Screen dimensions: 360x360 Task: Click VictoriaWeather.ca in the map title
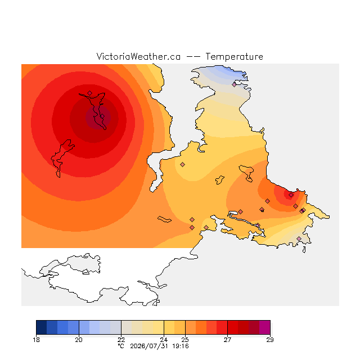click(x=138, y=56)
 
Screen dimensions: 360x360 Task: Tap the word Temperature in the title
click(x=234, y=56)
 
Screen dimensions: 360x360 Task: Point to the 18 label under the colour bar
click(x=36, y=340)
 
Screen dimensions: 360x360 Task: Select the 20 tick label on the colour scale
click(x=79, y=340)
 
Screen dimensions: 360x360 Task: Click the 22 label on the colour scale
click(x=121, y=340)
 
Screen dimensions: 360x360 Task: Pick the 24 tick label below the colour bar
click(x=164, y=340)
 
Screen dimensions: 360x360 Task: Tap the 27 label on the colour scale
click(x=227, y=340)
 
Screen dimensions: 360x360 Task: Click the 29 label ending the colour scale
click(x=270, y=340)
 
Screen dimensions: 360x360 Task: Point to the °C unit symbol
click(x=121, y=346)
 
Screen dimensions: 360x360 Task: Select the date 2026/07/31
click(x=149, y=346)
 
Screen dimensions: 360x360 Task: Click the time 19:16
click(x=181, y=346)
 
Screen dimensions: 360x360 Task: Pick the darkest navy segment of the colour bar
click(x=42, y=327)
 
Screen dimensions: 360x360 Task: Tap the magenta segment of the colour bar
click(x=265, y=327)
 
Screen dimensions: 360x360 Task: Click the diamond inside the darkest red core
click(x=102, y=116)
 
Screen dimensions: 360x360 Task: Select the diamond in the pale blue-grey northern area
click(x=234, y=85)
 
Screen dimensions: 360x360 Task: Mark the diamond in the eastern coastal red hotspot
click(x=291, y=195)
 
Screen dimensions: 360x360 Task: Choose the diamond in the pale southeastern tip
click(x=299, y=238)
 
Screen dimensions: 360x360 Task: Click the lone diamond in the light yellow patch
click(x=182, y=164)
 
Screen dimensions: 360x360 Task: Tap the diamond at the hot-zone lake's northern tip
click(x=90, y=93)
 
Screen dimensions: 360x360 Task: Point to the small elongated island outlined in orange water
click(x=164, y=219)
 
